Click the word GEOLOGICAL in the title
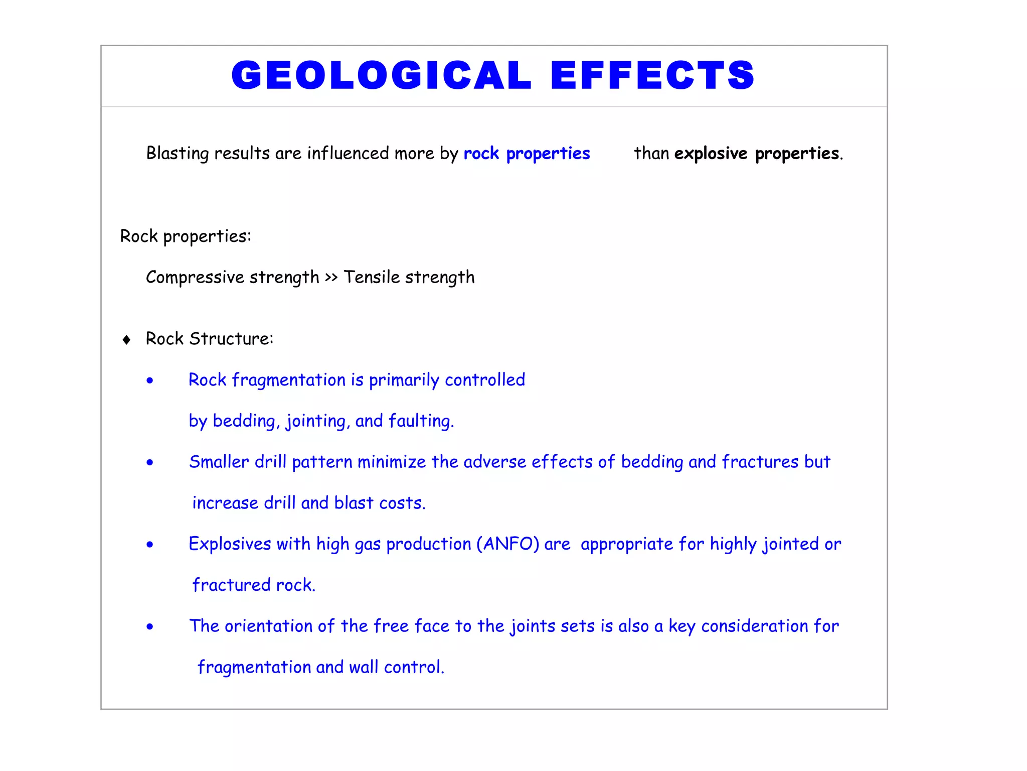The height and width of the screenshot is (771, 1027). click(x=381, y=75)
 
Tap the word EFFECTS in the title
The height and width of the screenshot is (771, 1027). click(x=652, y=75)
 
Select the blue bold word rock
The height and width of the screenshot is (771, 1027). click(x=481, y=153)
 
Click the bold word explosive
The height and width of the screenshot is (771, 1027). click(x=711, y=153)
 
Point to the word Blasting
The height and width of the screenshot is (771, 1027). click(x=177, y=153)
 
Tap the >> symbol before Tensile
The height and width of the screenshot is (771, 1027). click(x=331, y=277)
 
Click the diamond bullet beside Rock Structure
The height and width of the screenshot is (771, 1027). click(x=126, y=340)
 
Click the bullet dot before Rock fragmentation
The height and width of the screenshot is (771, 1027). click(x=149, y=381)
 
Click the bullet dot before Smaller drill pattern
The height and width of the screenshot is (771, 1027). click(x=149, y=463)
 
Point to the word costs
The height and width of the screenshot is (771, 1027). click(x=402, y=503)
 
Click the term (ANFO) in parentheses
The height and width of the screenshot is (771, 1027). click(x=507, y=544)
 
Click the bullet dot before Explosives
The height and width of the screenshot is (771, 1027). click(x=149, y=545)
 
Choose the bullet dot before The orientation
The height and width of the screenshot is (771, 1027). click(x=149, y=627)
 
